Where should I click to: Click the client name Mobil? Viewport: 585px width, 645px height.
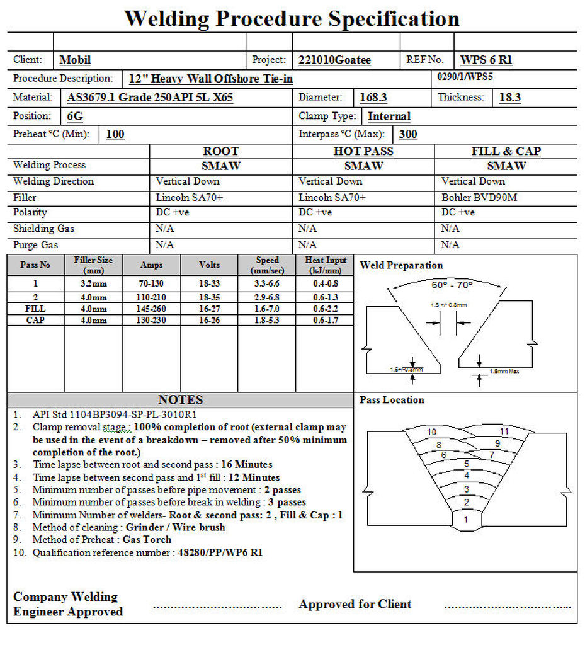[75, 60]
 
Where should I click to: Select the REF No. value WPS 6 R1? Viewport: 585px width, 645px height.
[486, 60]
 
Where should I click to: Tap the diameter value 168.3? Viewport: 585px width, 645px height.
[373, 98]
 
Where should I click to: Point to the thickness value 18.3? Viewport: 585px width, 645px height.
[509, 98]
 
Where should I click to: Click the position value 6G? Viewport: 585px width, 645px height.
[75, 117]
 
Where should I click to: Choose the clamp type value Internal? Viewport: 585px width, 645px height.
[389, 117]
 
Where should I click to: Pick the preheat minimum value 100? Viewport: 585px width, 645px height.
[115, 134]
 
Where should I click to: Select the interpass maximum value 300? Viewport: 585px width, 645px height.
[408, 134]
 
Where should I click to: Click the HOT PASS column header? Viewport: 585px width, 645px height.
[363, 151]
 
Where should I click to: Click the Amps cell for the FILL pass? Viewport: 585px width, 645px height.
[152, 309]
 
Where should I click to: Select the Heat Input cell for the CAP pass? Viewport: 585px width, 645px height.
[325, 321]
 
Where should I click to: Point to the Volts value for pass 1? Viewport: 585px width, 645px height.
[209, 284]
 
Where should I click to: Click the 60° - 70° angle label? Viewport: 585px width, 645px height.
[452, 285]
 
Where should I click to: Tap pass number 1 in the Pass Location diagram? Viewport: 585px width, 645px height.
[465, 520]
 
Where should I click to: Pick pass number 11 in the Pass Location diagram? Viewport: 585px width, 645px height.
[504, 431]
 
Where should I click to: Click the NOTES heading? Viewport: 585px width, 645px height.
[180, 400]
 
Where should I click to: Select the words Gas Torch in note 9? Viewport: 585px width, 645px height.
[147, 540]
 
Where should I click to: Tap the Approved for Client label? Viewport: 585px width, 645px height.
[355, 604]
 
